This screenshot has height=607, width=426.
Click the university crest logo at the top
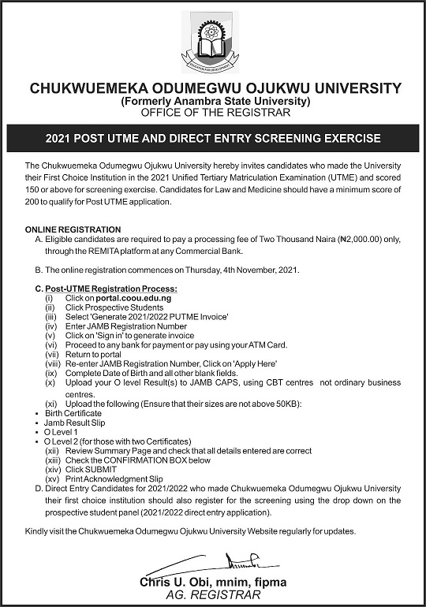pos(212,43)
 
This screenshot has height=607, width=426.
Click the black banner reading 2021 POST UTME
pos(213,138)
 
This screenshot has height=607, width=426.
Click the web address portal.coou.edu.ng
pos(139,300)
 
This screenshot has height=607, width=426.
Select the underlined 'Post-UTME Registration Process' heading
pos(110,289)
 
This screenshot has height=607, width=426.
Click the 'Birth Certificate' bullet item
pos(73,413)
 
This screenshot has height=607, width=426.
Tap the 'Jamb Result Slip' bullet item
pos(76,423)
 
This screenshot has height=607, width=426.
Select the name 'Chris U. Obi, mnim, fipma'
pos(213,583)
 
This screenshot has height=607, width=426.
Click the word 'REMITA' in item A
pos(96,251)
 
